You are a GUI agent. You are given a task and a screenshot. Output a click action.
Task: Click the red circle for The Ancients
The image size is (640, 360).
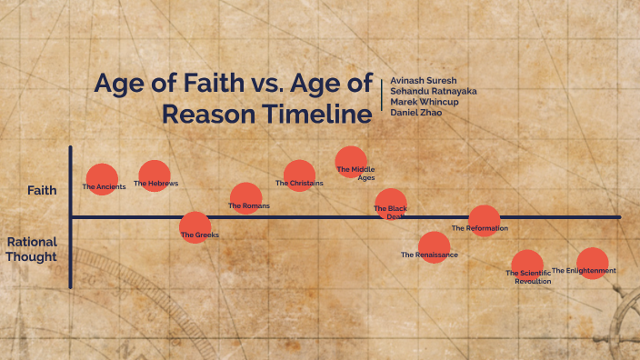102,179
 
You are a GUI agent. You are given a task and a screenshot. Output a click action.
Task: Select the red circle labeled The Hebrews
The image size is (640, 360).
155,175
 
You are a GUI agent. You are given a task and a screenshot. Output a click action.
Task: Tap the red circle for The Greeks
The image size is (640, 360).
195,227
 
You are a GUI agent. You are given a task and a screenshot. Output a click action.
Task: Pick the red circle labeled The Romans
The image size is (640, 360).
245,198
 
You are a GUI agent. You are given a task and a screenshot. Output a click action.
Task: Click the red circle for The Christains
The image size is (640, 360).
299,175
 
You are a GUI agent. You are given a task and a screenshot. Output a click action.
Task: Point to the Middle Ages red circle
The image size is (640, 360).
351,161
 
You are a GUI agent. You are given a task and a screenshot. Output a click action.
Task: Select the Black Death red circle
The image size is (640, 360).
391,205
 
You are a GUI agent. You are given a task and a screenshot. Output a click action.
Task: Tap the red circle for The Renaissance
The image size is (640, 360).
434,247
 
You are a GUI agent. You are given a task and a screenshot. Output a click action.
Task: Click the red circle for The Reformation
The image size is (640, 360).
484,221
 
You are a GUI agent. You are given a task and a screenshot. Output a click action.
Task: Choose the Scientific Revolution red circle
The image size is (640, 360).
526,265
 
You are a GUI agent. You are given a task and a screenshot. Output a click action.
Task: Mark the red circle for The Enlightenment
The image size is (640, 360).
592,263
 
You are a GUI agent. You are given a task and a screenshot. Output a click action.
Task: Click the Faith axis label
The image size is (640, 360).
42,190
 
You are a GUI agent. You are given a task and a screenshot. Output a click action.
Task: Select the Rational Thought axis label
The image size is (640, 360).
32,249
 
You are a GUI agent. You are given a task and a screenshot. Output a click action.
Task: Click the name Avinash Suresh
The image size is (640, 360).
423,81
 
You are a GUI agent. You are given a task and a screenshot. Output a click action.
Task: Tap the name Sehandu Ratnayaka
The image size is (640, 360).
433,92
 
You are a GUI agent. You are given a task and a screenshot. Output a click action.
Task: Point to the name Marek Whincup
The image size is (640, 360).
423,102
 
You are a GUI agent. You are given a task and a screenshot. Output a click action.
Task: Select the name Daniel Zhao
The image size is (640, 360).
415,113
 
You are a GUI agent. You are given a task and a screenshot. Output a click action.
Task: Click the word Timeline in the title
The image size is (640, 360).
315,115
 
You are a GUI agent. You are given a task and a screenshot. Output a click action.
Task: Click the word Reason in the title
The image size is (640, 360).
207,115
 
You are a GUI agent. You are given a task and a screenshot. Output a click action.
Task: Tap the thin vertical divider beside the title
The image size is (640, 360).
383,96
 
